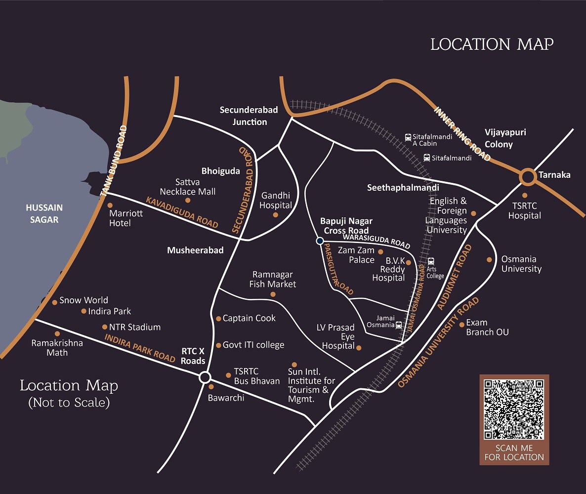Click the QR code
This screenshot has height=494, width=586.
[x=514, y=409]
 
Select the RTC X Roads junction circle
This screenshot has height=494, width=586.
[x=205, y=378]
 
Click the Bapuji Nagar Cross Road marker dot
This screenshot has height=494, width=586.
[x=320, y=241]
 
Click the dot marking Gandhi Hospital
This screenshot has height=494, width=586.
[x=276, y=215]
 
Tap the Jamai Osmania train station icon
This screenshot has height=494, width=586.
[x=399, y=325]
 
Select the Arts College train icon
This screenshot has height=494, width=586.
[x=430, y=261]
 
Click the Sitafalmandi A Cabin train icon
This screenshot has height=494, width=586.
[x=408, y=137]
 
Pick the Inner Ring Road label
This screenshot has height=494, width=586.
[x=462, y=133]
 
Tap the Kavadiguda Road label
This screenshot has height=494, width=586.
[x=182, y=212]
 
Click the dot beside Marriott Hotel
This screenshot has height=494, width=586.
[x=110, y=205]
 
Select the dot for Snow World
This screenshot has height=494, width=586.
[x=55, y=302]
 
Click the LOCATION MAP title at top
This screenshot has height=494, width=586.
[x=492, y=44]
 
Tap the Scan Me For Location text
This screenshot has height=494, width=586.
[x=514, y=453]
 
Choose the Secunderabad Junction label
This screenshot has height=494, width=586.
[x=249, y=116]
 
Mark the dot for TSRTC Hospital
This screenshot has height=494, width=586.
[x=525, y=195]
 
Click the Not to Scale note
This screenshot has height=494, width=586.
[x=69, y=402]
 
